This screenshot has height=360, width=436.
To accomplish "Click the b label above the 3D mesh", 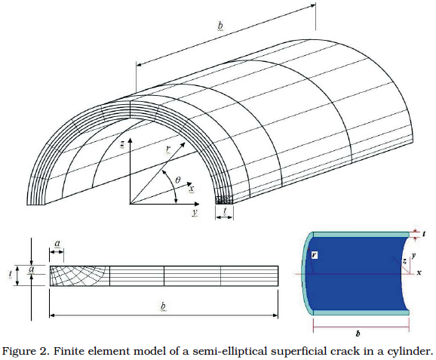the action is (220, 26).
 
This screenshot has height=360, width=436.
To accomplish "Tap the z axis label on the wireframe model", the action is (121, 144).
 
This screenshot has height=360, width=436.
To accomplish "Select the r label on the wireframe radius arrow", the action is (168, 149).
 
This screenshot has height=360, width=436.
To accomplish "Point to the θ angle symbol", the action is (178, 180).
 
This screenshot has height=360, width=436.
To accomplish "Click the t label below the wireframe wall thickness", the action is (225, 211).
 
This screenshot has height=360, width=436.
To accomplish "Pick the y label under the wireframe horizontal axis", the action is (195, 213).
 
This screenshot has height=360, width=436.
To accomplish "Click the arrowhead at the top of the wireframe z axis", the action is (130, 140).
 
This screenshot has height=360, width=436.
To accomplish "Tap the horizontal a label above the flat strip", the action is (57, 244).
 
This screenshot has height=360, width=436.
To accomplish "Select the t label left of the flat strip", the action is (11, 274).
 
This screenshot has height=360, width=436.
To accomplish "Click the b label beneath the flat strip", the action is (163, 306).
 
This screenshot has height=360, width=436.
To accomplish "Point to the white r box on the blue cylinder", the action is (314, 255).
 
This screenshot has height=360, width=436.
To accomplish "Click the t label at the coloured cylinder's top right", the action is (424, 234).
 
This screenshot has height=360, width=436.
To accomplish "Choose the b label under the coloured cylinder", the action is (358, 334).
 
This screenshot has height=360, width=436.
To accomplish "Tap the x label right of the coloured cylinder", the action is (419, 273).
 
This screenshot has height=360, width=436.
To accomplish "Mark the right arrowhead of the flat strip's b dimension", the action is (275, 315).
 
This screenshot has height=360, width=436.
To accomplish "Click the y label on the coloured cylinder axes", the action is (414, 255).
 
